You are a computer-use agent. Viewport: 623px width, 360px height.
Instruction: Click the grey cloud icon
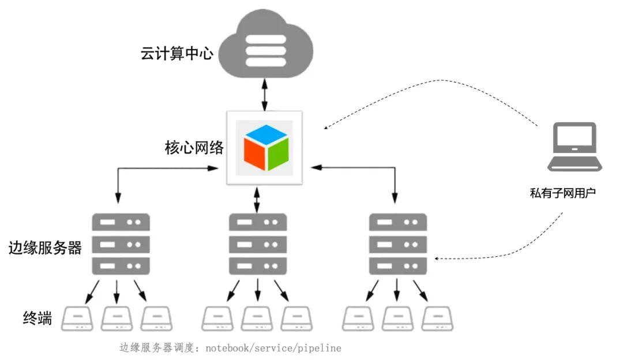click(x=266, y=44)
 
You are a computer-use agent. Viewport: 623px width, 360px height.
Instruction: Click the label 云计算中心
click(x=177, y=53)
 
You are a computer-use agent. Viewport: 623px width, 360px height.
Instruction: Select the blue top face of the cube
click(x=266, y=134)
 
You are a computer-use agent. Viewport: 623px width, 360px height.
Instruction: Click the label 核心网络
click(x=194, y=148)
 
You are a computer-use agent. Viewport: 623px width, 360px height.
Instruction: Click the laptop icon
click(x=575, y=147)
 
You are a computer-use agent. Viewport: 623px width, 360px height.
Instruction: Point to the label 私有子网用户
click(x=562, y=193)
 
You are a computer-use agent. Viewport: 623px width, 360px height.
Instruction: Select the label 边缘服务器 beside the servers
click(x=45, y=247)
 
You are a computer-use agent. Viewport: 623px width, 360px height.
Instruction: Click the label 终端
click(x=37, y=318)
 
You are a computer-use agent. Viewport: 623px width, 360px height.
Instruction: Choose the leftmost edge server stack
click(x=121, y=244)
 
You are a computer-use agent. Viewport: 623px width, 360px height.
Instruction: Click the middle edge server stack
click(x=258, y=244)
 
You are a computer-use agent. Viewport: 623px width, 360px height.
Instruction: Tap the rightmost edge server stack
click(x=398, y=244)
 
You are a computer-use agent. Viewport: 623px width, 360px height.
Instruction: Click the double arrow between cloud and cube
click(x=265, y=95)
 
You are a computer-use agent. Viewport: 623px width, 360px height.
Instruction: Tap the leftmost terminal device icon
click(x=77, y=318)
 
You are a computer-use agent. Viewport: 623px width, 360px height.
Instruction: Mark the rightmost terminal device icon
click(x=437, y=318)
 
